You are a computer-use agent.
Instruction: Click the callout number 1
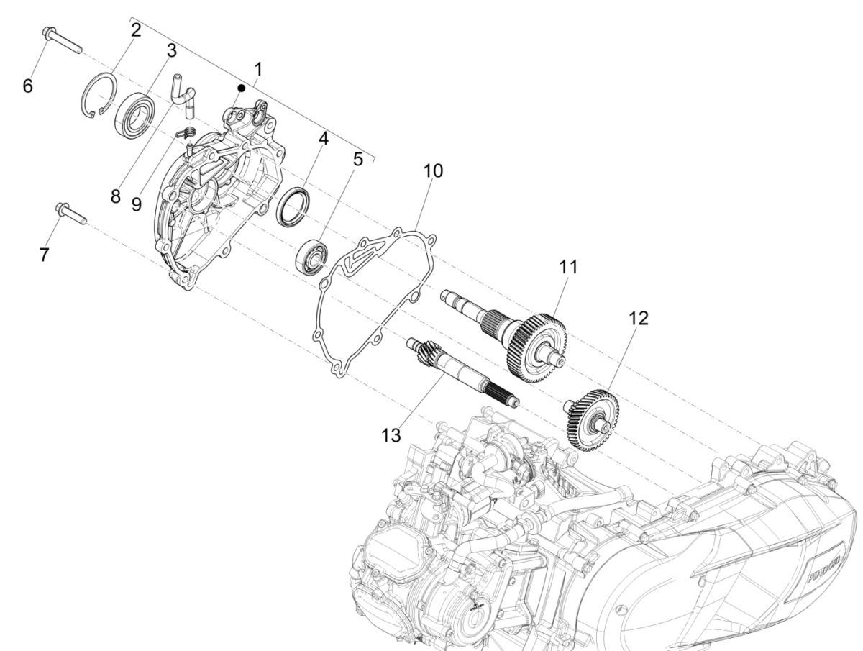(x=257, y=69)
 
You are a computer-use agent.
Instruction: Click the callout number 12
(x=638, y=317)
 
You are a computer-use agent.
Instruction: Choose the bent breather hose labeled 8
(x=184, y=96)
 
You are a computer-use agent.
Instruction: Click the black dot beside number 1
(x=242, y=88)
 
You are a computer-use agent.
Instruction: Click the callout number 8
(x=116, y=196)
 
